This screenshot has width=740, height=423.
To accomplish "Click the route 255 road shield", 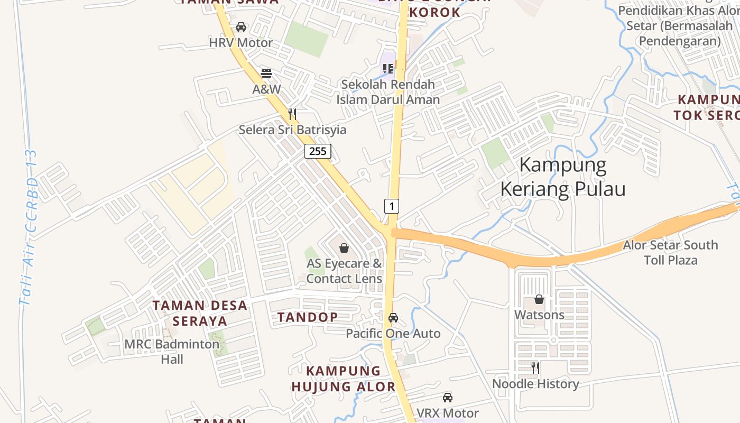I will point(318,151).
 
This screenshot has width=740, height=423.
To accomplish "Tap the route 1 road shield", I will point(391,206).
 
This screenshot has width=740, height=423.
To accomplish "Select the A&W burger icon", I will point(266,73).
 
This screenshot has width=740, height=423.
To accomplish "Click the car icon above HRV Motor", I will point(241,27).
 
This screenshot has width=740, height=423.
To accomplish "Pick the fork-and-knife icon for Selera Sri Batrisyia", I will point(292,114).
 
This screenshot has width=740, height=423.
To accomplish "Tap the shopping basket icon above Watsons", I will point(539,299).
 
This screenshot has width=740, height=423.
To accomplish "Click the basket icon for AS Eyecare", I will point(344,247).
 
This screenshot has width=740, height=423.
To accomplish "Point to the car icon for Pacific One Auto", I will point(393,318).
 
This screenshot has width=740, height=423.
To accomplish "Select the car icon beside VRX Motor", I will point(448,397).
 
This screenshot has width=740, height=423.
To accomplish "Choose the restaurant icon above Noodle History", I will point(535,367).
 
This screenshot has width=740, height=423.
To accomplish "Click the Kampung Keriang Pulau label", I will point(563,177).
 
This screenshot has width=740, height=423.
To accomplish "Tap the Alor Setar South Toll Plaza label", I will point(670,252).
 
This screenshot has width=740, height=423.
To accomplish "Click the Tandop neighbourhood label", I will point(308,317).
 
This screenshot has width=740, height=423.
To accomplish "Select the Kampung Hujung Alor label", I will point(343,378).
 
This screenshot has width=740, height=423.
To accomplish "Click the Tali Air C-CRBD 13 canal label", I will point(29,227).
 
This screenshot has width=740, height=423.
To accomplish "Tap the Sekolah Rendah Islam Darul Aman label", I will point(388,91).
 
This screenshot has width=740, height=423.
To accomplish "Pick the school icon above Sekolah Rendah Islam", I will point(388,68).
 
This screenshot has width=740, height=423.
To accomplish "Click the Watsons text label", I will point(539,315).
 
